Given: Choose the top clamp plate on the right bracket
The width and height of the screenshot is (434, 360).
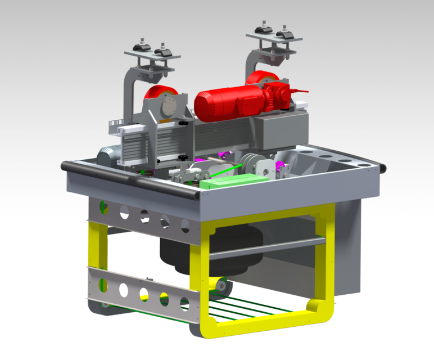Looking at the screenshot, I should (x=274, y=37).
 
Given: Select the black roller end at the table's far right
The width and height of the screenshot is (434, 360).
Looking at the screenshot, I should (x=384, y=168).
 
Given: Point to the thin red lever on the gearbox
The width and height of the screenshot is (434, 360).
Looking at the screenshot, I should (x=301, y=90).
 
